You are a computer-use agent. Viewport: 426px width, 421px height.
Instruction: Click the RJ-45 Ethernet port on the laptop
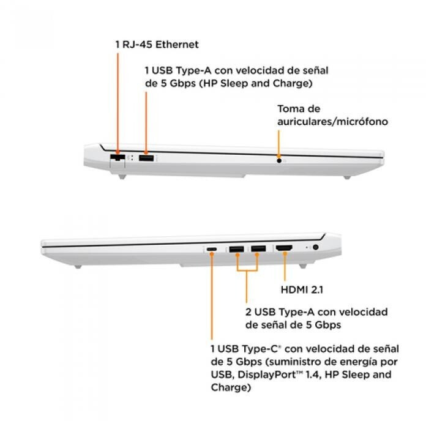117,159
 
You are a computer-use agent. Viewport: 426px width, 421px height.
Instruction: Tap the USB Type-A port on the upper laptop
146,158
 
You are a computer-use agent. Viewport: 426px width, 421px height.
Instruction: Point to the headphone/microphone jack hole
279,161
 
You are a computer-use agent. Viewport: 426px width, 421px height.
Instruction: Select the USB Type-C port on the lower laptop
212,249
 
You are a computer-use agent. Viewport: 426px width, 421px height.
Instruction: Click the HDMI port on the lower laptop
284,248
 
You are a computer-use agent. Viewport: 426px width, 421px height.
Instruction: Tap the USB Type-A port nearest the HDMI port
258,248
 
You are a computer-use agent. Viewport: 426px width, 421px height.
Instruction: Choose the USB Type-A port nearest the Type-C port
236,248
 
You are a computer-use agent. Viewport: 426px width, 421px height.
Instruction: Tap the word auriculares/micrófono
333,122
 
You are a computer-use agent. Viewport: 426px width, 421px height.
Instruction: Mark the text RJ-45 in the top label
133,45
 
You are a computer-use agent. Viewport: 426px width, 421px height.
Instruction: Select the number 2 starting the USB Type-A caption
248,312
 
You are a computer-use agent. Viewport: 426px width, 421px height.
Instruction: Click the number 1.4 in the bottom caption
317,374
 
